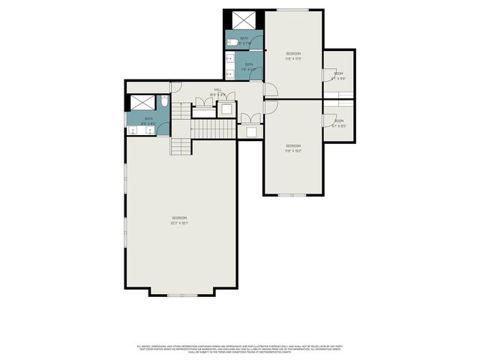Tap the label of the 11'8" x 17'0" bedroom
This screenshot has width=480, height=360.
coord(293,56)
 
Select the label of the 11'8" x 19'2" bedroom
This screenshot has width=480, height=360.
coord(293,148)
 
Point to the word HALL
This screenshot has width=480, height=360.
coord(217,90)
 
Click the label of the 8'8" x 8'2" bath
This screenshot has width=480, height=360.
coord(148,120)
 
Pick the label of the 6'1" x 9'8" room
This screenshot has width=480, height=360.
coord(338,76)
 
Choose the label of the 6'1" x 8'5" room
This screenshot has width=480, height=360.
coord(338,124)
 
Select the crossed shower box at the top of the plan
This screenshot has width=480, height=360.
coord(244,20)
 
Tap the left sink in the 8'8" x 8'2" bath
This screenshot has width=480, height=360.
coord(133,130)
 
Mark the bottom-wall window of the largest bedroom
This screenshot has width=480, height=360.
coord(182,295)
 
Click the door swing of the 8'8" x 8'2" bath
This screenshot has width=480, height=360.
coord(175,87)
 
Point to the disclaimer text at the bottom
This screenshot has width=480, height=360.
coord(240,349)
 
